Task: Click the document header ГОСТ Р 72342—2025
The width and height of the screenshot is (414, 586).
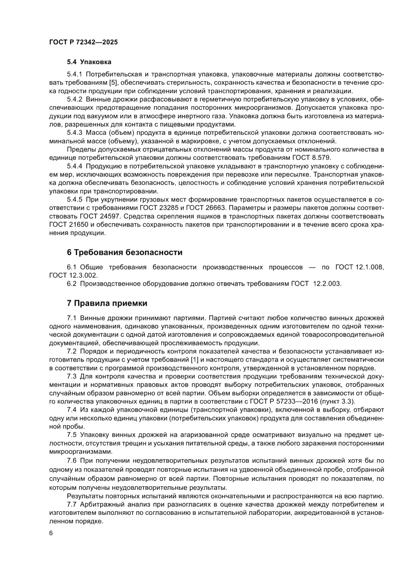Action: [83, 43]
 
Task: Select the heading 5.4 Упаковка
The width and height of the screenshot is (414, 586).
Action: [86, 63]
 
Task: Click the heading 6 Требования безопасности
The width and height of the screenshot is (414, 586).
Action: [125, 252]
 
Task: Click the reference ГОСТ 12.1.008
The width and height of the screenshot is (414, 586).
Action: [364, 267]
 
